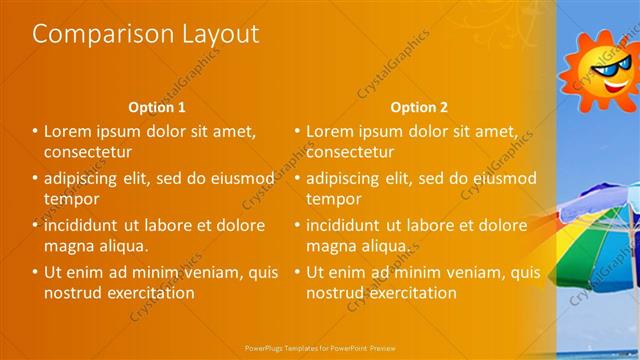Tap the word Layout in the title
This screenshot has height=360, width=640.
[x=215, y=34]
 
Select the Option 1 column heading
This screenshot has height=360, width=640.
[x=157, y=107]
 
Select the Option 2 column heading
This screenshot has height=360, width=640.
[x=419, y=107]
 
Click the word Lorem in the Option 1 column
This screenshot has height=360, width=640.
[x=70, y=131]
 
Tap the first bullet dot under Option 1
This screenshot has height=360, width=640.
[x=35, y=131]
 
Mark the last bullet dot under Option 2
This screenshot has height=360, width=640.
[x=297, y=272]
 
